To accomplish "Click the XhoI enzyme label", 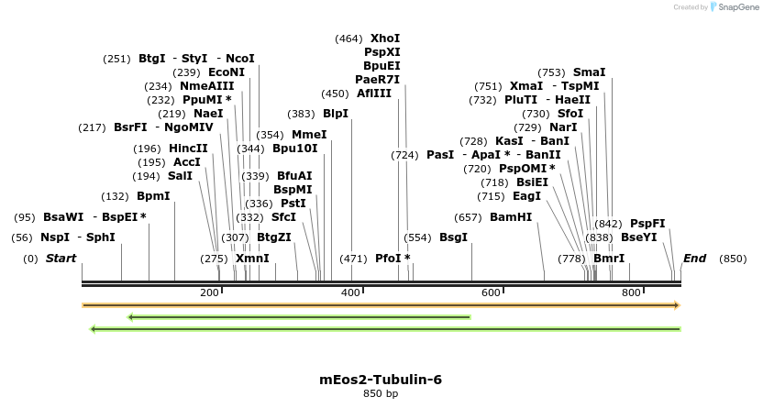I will click(x=385, y=39).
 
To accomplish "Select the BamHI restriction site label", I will click(x=511, y=217).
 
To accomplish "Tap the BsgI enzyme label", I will click(x=453, y=237).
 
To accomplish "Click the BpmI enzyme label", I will click(x=153, y=196).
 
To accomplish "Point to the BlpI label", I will click(x=336, y=114).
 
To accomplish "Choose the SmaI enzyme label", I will click(x=589, y=72).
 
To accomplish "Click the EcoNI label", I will click(x=227, y=72).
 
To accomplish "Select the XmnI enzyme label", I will click(x=252, y=259).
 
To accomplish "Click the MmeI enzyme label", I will click(x=309, y=135).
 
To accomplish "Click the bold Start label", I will click(x=61, y=259).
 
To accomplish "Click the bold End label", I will click(x=694, y=259).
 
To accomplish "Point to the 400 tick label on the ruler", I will click(x=351, y=292).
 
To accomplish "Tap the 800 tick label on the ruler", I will click(x=631, y=292).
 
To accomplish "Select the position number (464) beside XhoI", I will click(x=348, y=39).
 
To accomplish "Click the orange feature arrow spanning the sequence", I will click(x=381, y=305).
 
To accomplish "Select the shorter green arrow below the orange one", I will click(x=299, y=317).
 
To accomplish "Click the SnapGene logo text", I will click(x=737, y=7).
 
